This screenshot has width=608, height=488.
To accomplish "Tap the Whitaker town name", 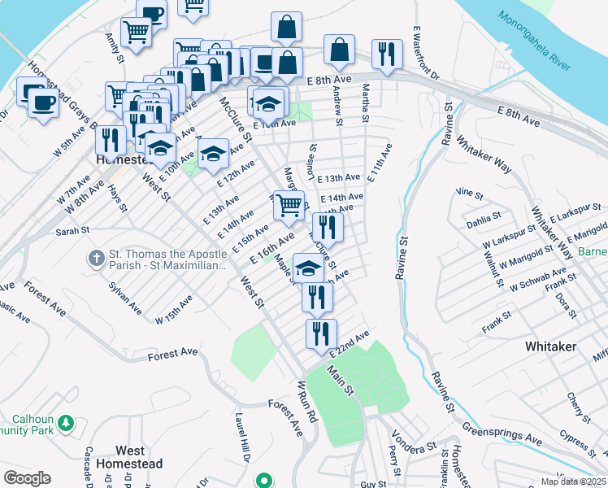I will (x=550, y=346).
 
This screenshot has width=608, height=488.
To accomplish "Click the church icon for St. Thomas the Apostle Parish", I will (x=96, y=259).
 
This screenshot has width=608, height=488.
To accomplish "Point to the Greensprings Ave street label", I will (x=502, y=431).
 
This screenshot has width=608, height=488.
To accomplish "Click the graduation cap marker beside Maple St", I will (x=308, y=268).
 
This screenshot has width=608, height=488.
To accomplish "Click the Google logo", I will (x=26, y=478).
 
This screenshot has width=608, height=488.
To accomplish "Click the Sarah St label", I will (x=72, y=232).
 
